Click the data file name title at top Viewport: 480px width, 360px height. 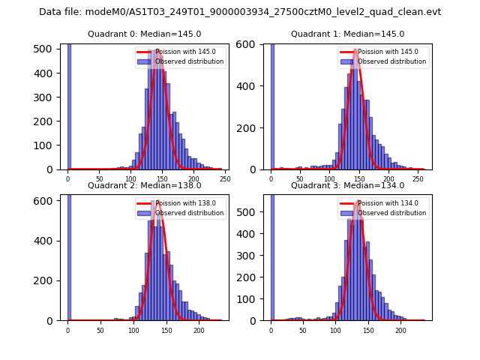pos(240,12)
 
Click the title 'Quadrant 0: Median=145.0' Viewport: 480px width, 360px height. pos(144,34)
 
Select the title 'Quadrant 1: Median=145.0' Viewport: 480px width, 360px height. pos(347,34)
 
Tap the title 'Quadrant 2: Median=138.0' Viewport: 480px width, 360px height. pos(144,185)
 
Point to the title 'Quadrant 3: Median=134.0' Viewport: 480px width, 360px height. pos(347,185)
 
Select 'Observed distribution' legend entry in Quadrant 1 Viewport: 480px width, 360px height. pos(384,61)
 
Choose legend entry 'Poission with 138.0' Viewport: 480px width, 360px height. pos(177,203)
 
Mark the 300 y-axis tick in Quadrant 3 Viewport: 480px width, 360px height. pos(250,254)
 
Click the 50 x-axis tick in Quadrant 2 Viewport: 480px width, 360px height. pos(100,329)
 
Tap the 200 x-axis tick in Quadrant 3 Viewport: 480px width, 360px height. pos(400,329)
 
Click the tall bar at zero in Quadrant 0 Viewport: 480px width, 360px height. pos(68,105)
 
